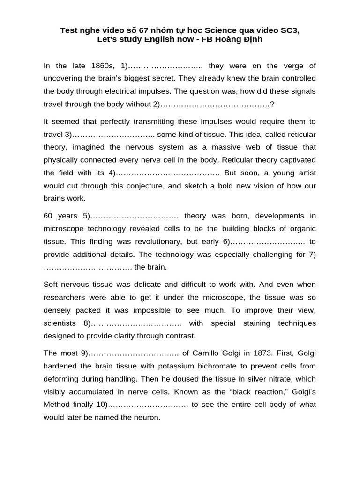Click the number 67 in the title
click(135, 30)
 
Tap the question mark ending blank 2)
click(272, 104)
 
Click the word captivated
click(294, 160)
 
